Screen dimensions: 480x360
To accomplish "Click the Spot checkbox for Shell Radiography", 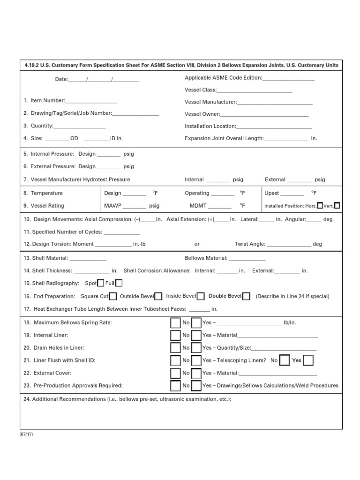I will click(100, 283).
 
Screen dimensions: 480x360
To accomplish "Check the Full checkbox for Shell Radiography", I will click(119, 283).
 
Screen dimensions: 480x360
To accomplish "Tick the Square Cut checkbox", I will click(112, 296).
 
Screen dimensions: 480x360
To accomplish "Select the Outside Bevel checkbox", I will click(158, 296).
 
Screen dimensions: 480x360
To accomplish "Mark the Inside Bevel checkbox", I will click(201, 296).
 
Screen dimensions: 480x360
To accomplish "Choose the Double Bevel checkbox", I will click(247, 296).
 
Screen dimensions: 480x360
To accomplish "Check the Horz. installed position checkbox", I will click(320, 205).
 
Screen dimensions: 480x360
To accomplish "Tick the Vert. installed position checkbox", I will click(337, 205).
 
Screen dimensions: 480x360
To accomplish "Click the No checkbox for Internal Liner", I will click(175, 335).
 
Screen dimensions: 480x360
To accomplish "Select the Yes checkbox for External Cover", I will click(196, 373).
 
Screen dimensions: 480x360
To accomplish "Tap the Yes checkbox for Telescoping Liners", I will click(308, 360).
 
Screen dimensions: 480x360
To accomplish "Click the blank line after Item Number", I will click(91, 101).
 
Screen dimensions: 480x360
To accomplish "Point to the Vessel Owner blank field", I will click(264, 114).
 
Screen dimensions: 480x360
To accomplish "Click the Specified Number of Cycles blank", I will click(121, 232).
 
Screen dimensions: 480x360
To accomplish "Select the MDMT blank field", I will click(219, 206).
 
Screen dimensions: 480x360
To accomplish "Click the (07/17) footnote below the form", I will click(26, 434).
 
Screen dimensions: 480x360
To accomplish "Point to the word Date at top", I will click(61, 79).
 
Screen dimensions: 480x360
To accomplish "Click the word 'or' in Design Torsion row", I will click(197, 244).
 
